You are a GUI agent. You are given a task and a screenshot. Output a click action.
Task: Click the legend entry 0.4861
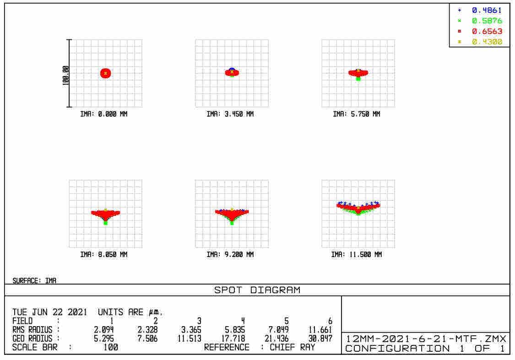click(x=487, y=10)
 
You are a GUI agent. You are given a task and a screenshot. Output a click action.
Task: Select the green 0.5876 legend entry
click(x=487, y=21)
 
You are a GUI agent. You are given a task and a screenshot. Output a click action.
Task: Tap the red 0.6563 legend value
click(x=487, y=31)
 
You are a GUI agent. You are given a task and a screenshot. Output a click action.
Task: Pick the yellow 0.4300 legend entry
click(x=487, y=42)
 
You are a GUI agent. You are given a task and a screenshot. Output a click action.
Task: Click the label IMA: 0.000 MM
click(x=104, y=114)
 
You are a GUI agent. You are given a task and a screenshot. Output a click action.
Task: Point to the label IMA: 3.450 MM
click(x=230, y=114)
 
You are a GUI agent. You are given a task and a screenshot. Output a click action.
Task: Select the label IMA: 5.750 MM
click(x=357, y=114)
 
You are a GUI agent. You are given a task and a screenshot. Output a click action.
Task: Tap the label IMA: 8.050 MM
click(x=104, y=255)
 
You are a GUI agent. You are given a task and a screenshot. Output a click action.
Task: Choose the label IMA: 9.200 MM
click(x=230, y=255)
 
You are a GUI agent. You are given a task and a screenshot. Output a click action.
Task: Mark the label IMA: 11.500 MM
click(x=357, y=255)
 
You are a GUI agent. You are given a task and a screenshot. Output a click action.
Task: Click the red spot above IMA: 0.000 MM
click(x=106, y=73)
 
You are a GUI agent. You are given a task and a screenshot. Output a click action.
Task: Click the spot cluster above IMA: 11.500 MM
click(x=358, y=207)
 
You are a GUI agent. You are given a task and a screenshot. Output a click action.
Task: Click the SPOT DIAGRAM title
click(x=257, y=290)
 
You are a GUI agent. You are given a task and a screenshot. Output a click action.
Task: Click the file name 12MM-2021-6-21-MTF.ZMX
click(x=426, y=339)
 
